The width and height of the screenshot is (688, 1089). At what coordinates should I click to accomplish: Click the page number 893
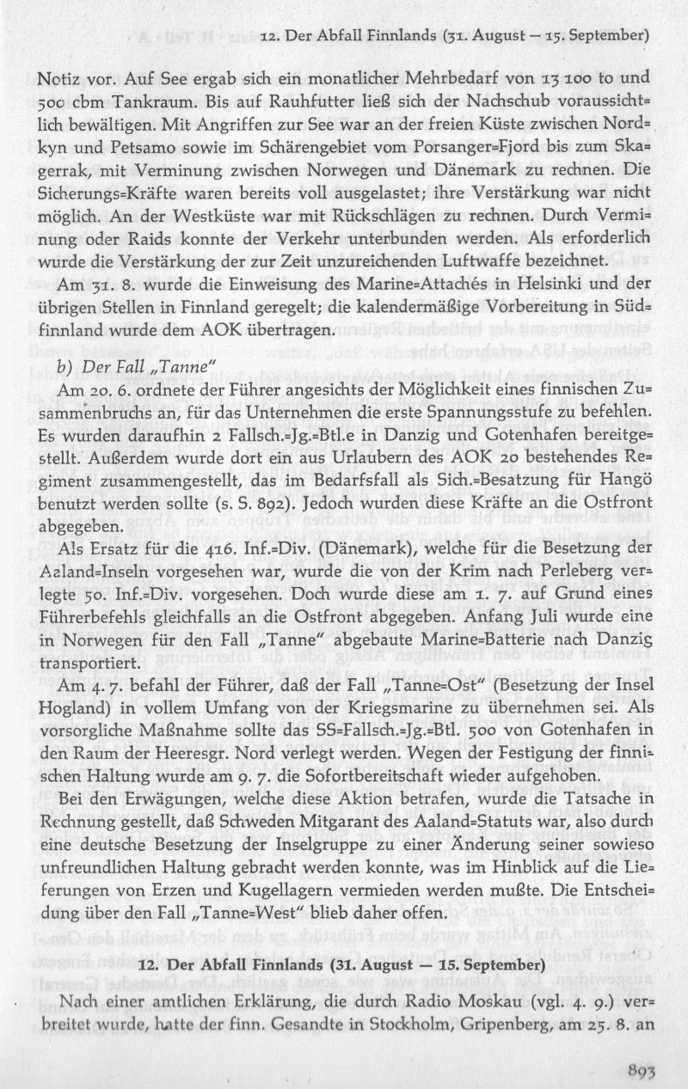click(x=642, y=1065)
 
